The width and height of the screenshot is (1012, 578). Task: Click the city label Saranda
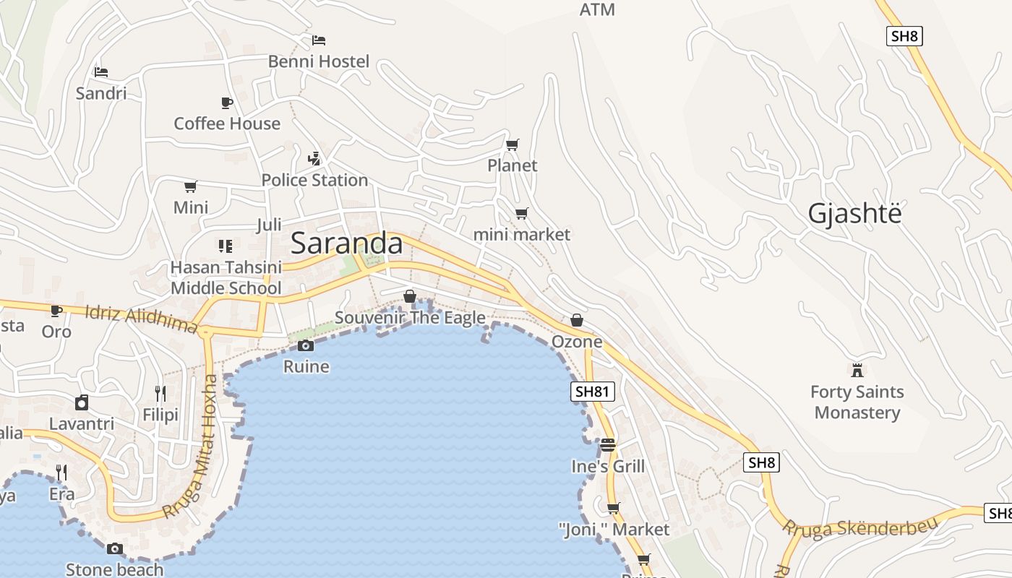pyautogui.click(x=346, y=243)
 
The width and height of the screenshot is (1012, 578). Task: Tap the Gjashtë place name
pyautogui.click(x=855, y=214)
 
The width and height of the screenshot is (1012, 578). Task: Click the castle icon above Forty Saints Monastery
pyautogui.click(x=857, y=371)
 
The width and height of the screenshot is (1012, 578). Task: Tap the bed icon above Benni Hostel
pyautogui.click(x=319, y=40)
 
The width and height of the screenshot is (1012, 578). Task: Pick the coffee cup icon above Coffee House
pyautogui.click(x=227, y=103)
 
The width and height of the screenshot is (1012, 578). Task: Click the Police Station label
pyautogui.click(x=314, y=180)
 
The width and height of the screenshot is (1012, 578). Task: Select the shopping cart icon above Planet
pyautogui.click(x=513, y=145)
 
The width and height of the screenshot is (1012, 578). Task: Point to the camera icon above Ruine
pyautogui.click(x=306, y=346)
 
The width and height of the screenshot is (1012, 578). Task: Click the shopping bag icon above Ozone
pyautogui.click(x=577, y=320)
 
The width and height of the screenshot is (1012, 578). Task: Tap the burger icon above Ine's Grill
pyautogui.click(x=608, y=445)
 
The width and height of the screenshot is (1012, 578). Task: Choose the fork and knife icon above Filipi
pyautogui.click(x=160, y=394)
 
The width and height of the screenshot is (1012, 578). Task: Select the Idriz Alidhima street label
pyautogui.click(x=141, y=319)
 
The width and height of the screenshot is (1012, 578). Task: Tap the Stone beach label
pyautogui.click(x=114, y=569)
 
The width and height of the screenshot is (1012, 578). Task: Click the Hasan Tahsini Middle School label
pyautogui.click(x=226, y=278)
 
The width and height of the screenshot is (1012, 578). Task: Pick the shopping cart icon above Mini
pyautogui.click(x=191, y=187)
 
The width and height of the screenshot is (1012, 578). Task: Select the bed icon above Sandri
pyautogui.click(x=101, y=72)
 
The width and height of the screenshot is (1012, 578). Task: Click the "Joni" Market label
pyautogui.click(x=614, y=530)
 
